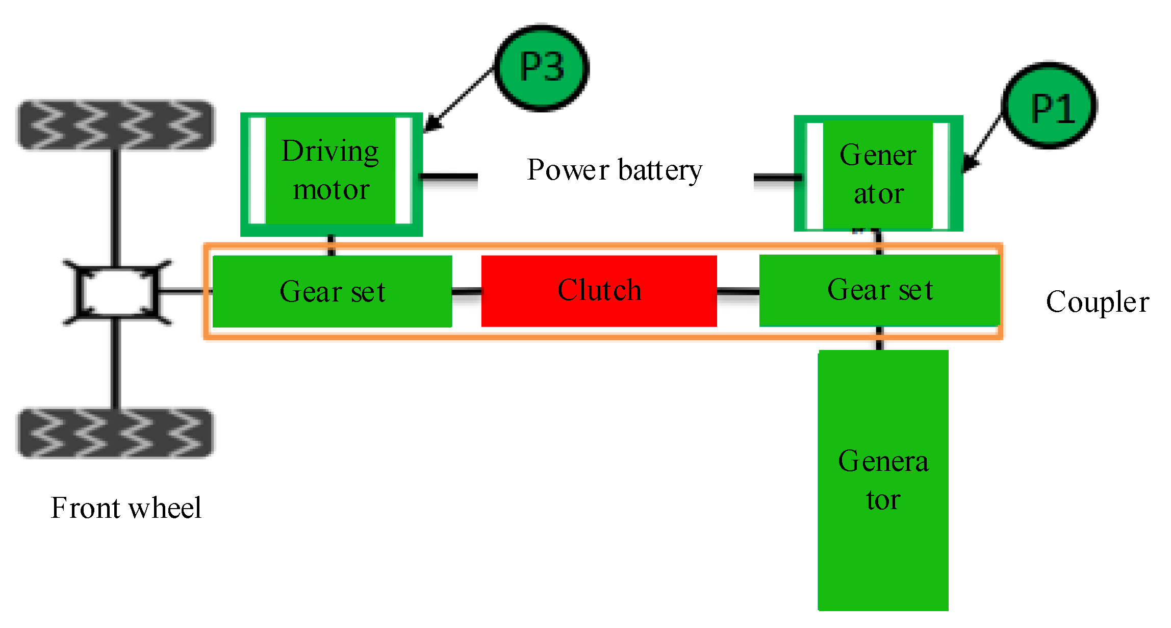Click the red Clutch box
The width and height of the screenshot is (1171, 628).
[599, 291]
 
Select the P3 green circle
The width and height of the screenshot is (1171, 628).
[542, 67]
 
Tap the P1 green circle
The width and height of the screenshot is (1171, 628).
[1050, 106]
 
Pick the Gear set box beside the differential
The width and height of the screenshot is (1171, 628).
[332, 291]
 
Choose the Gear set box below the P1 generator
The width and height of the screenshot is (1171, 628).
[879, 290]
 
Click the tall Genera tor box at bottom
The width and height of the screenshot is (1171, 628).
[883, 480]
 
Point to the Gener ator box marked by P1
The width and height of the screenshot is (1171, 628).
[878, 174]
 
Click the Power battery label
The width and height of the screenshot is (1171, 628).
[615, 170]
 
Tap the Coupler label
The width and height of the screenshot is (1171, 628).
[1097, 302]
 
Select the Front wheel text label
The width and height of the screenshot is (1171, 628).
[126, 508]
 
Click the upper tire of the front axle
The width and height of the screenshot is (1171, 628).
[116, 125]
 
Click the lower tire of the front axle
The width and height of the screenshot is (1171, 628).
[116, 433]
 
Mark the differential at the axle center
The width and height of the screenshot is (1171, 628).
[117, 292]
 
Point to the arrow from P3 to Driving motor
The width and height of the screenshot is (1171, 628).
[459, 99]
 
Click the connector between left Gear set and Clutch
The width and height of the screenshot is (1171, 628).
[467, 292]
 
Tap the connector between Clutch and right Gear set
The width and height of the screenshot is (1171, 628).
[738, 292]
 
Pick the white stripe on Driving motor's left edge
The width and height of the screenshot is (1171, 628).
[258, 171]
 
